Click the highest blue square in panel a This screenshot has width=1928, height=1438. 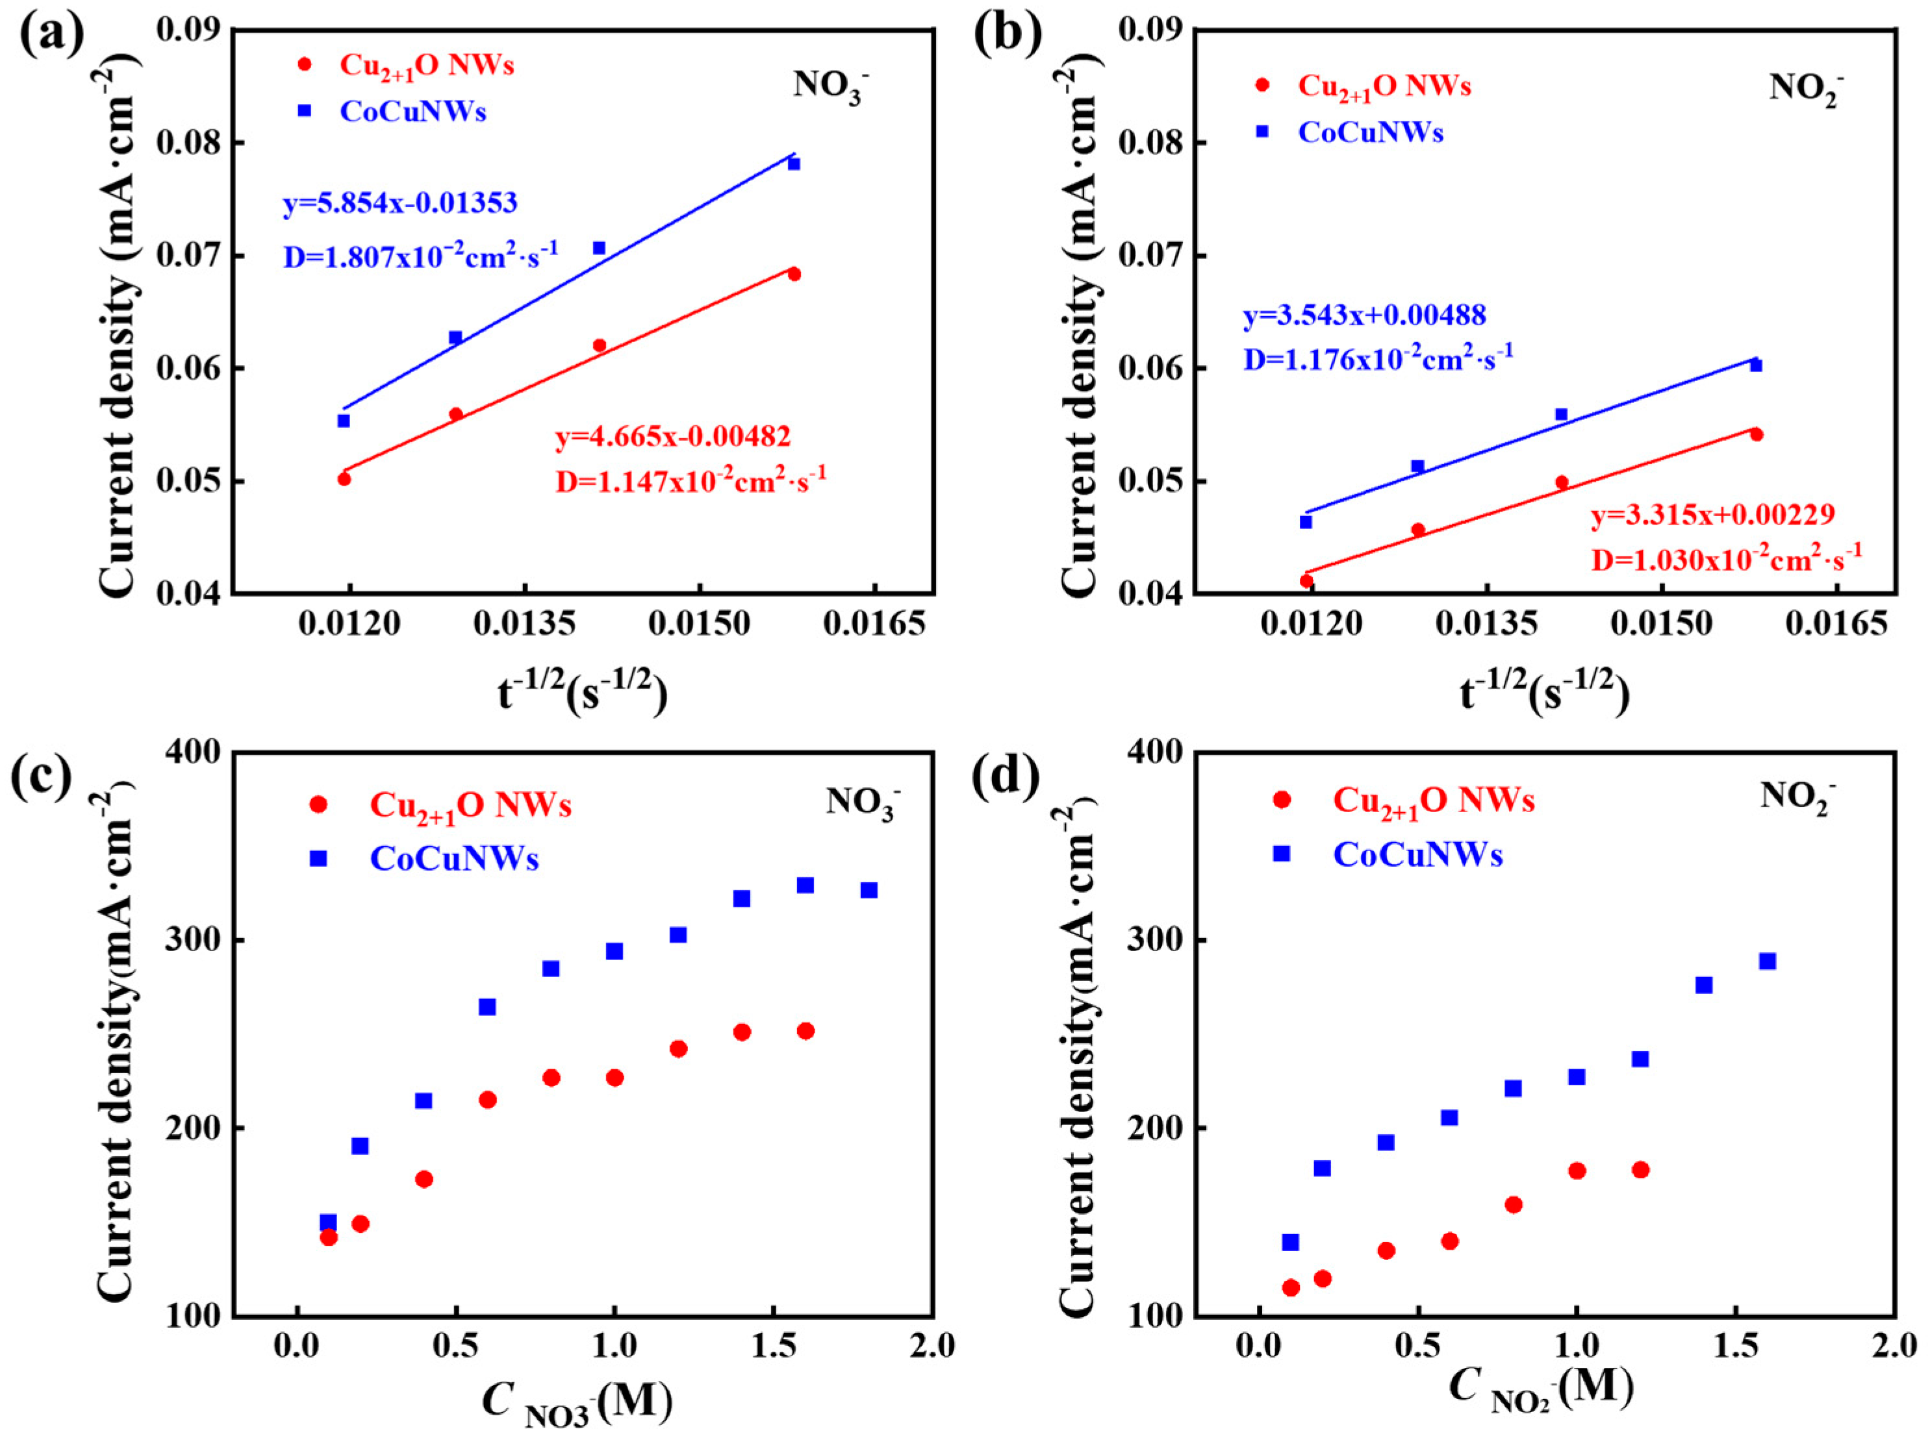pyautogui.click(x=793, y=164)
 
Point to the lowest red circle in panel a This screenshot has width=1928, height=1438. pyautogui.click(x=344, y=478)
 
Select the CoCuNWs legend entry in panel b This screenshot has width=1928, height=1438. pyautogui.click(x=1370, y=132)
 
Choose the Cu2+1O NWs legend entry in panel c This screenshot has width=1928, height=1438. pyautogui.click(x=470, y=805)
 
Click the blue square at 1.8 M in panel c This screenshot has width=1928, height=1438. pyautogui.click(x=869, y=889)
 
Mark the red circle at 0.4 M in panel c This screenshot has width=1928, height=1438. pyautogui.click(x=424, y=1180)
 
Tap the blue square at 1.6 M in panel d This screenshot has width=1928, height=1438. pyautogui.click(x=1767, y=961)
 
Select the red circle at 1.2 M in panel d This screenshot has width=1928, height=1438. pyautogui.click(x=1641, y=1170)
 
